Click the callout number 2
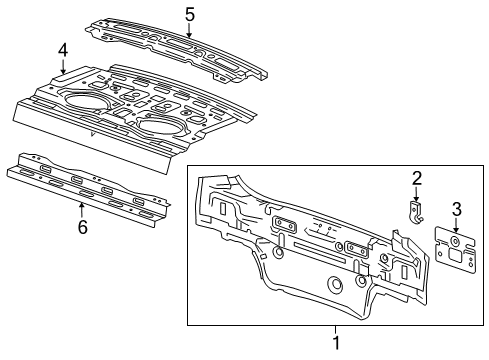(417, 179)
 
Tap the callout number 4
(62, 49)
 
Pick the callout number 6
(82, 226)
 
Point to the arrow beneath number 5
(189, 30)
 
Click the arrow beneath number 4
(63, 68)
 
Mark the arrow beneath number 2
(417, 196)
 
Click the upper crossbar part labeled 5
(180, 45)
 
